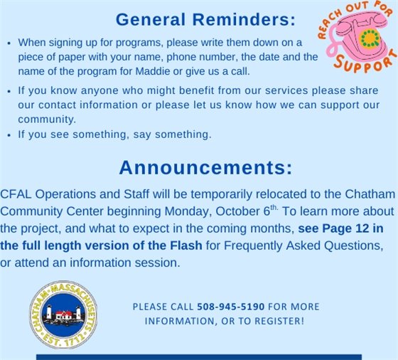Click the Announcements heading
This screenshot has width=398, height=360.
pos(205,167)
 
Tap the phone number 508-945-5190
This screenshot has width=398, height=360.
pos(230,307)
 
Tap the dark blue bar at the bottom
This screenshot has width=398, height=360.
pos(199,356)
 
